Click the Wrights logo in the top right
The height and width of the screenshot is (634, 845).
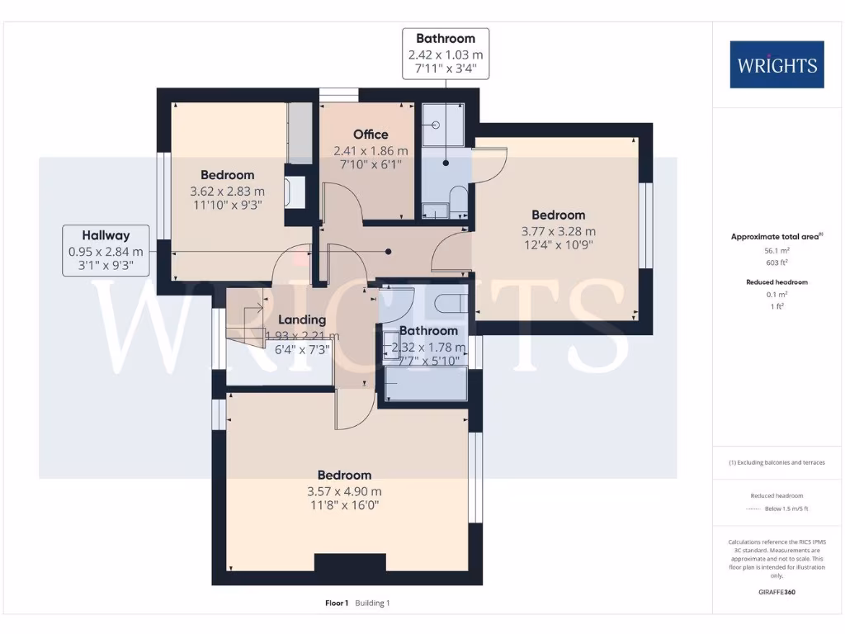coord(777,64)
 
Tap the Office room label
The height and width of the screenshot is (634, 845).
coord(371,135)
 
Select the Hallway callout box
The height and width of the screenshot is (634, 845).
coord(106,250)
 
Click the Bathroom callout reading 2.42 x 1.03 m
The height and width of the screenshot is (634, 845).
coord(446,53)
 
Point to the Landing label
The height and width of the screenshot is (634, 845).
coord(301,319)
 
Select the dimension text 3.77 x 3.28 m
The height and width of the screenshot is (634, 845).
coord(558,231)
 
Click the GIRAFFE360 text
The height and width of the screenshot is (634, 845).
coord(776,592)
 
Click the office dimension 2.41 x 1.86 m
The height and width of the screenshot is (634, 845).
coord(371,151)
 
